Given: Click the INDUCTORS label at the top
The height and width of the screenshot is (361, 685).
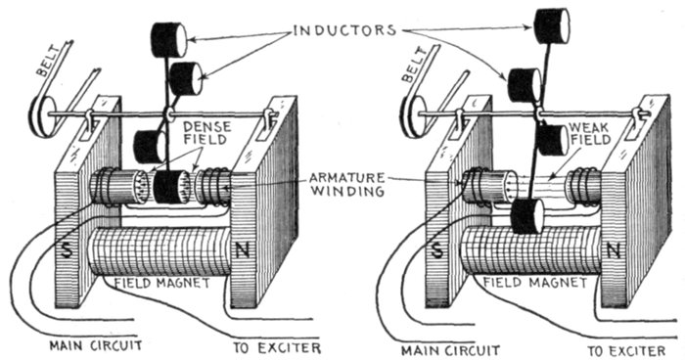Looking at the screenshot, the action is pos(344,30).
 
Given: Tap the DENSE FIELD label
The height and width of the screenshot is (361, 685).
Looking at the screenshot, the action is pos(207,133).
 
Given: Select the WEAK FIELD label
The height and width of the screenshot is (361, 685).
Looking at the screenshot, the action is pos(589,134).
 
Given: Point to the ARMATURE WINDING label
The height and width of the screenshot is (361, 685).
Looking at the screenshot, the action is pos(347,184).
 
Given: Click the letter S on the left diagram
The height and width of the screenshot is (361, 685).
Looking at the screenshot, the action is pos(67,248).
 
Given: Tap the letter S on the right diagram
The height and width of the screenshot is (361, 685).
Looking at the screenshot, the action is pos(436,250).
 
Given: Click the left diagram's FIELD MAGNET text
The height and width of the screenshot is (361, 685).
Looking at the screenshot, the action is pos(162,283).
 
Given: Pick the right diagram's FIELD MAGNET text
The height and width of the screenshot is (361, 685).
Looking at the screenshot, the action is pos(534,283).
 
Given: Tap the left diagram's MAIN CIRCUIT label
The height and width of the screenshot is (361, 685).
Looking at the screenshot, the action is pos(96,346).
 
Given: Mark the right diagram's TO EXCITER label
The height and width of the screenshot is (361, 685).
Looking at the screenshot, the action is pos(627,350).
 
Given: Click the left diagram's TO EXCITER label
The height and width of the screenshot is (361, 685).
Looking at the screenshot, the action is pos(277,348).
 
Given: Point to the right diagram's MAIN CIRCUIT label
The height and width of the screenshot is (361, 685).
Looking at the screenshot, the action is pos(450,349).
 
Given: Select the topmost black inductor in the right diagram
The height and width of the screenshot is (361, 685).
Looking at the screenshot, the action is pos(552,25).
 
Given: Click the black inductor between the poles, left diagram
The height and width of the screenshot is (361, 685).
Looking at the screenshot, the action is pos(171,187).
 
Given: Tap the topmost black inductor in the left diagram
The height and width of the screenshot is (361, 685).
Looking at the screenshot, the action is pos(168,40).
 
